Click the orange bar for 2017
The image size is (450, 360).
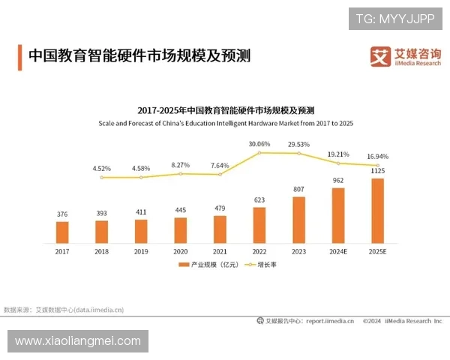pyautogui.click(x=62, y=232)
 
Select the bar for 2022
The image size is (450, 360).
pyautogui.click(x=259, y=224)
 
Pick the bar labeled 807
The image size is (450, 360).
pyautogui.click(x=298, y=219)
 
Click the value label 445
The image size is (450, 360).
pyautogui.click(x=180, y=210)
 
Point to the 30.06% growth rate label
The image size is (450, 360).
pyautogui.click(x=259, y=144)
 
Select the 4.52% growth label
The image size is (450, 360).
pyautogui.click(x=101, y=169)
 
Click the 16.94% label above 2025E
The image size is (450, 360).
pyautogui.click(x=377, y=157)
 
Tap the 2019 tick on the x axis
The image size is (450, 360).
pyautogui.click(x=141, y=251)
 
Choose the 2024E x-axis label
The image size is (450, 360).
pyautogui.click(x=337, y=251)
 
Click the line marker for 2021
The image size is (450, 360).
pyautogui.click(x=220, y=175)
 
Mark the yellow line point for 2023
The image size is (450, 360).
pyautogui.click(x=298, y=154)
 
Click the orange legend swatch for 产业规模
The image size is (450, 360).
pyautogui.click(x=184, y=265)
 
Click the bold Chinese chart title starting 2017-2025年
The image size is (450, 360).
pyautogui.click(x=225, y=110)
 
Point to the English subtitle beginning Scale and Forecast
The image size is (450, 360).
pyautogui.click(x=225, y=122)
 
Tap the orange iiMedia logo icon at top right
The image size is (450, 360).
pyautogui.click(x=381, y=56)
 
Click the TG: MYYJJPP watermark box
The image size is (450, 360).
pyautogui.click(x=395, y=19)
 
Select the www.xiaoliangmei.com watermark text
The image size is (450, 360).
pyautogui.click(x=78, y=341)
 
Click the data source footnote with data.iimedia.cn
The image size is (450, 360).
pyautogui.click(x=64, y=309)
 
